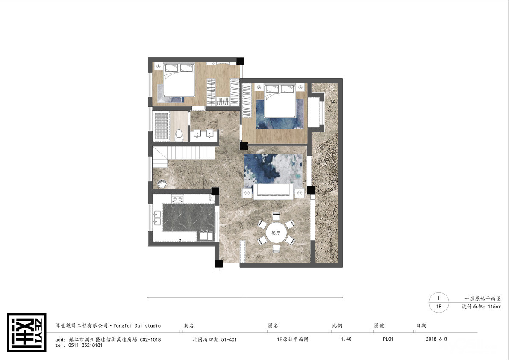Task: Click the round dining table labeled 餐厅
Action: click(x=276, y=233)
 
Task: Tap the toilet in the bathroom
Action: click(x=179, y=135)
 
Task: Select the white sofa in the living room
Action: click(x=273, y=192)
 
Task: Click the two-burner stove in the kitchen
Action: click(x=177, y=199)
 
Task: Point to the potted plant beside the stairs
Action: click(x=162, y=184)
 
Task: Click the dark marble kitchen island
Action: click(x=188, y=218)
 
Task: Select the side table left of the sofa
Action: click(x=247, y=193)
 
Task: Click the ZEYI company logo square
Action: click(x=26, y=332)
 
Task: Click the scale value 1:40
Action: click(x=346, y=339)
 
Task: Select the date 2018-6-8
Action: click(x=436, y=339)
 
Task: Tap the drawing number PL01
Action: click(x=388, y=339)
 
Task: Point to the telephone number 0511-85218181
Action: click(x=85, y=345)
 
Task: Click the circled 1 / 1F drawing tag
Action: click(x=438, y=302)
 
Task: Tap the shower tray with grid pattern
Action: click(x=161, y=127)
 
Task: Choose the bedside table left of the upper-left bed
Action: click(x=159, y=66)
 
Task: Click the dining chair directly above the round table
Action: click(x=276, y=216)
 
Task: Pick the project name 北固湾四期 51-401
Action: click(x=215, y=339)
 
